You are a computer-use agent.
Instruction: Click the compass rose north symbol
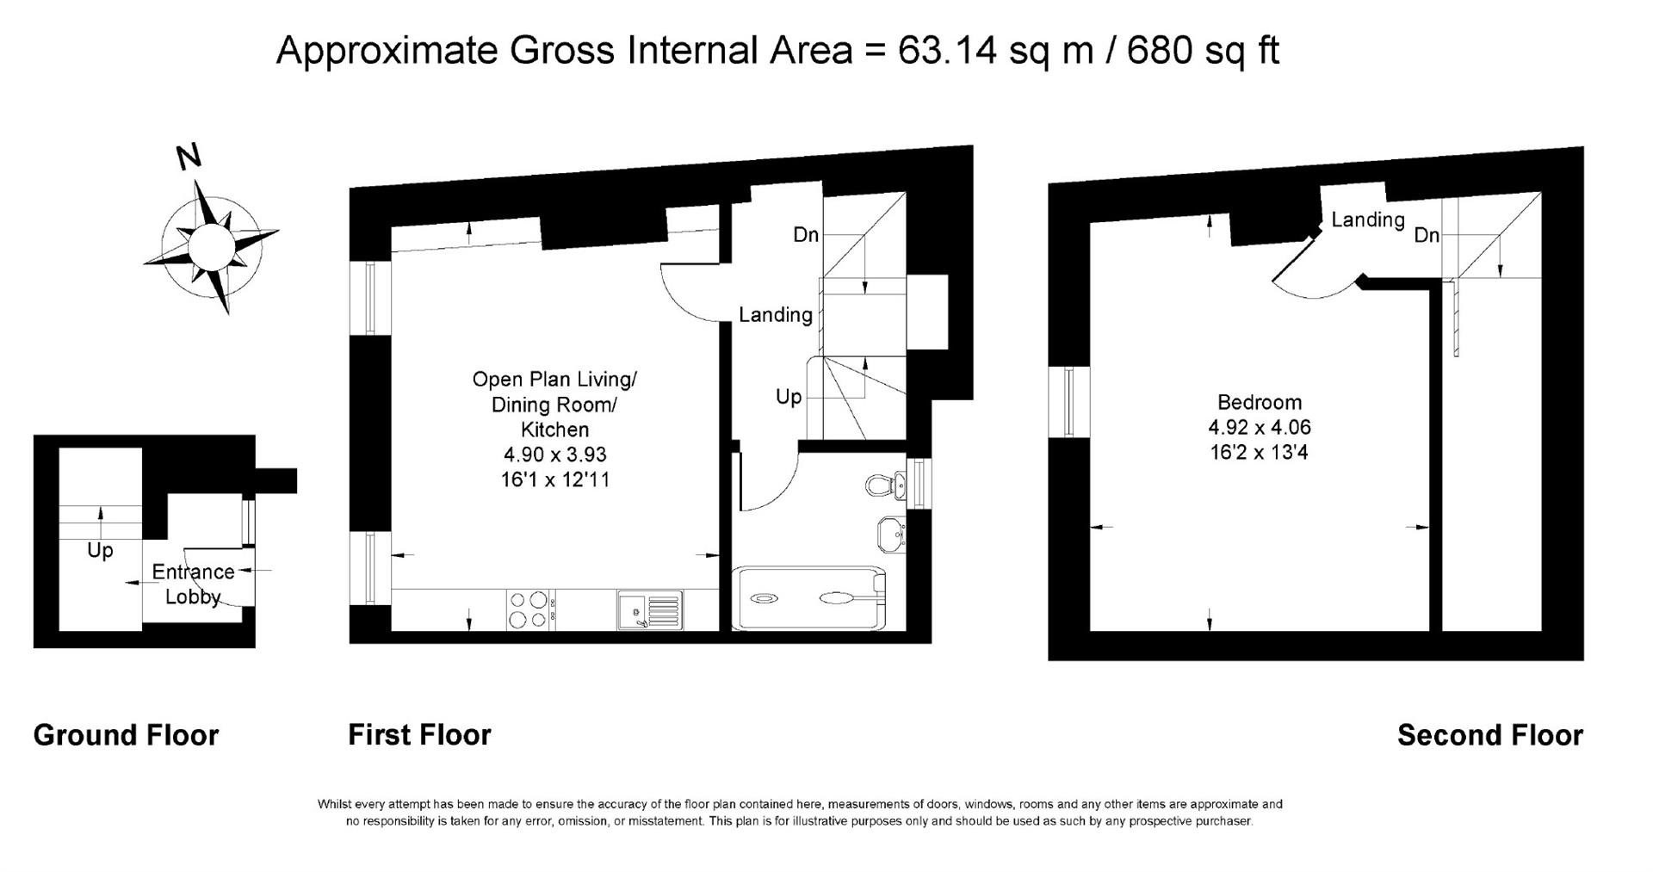point(211,246)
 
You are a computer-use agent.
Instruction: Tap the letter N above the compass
point(189,157)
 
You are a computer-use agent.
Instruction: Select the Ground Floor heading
point(126,735)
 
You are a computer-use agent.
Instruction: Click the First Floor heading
point(419,735)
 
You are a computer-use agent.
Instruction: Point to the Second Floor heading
point(1490,735)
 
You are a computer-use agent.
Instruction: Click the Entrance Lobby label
point(193,584)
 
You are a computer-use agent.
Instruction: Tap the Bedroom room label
point(1260,402)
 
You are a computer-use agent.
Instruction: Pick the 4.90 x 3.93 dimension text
point(555,454)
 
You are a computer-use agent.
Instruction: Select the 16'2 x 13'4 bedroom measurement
point(1260,452)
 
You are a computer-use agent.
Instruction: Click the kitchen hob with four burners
point(529,609)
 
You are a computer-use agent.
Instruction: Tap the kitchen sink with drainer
point(650,609)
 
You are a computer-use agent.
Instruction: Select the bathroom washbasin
point(890,534)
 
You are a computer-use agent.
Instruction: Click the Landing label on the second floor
point(1368,220)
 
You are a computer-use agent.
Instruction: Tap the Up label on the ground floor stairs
point(100,550)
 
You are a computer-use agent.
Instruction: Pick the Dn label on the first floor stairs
point(806,234)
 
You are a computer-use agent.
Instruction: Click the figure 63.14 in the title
point(948,50)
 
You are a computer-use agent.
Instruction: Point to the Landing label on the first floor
point(776,315)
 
